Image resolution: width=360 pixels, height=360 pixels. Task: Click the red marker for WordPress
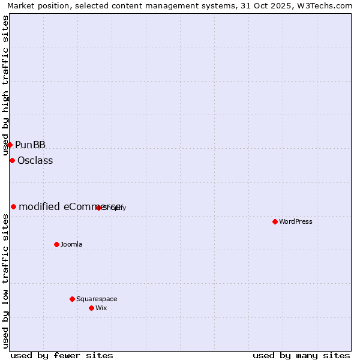point(275,221)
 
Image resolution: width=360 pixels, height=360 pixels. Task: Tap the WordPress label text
point(296,221)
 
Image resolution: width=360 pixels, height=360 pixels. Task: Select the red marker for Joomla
point(57,244)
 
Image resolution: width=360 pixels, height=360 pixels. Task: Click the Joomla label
point(71,244)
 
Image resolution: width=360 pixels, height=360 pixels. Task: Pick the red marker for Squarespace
point(72,299)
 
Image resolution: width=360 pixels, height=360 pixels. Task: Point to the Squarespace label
point(97,299)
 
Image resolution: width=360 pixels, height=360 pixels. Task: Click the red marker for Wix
point(91,308)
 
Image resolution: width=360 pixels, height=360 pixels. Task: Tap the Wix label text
point(101,308)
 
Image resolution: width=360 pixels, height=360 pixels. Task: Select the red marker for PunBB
point(10,145)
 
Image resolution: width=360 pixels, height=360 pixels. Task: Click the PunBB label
point(30,145)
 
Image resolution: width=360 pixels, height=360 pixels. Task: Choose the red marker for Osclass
point(12,160)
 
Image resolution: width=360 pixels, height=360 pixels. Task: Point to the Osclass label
point(35,160)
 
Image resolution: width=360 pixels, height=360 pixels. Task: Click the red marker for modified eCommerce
point(13,206)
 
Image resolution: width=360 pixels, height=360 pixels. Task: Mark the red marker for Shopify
point(98,208)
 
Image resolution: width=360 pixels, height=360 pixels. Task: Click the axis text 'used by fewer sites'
point(62,355)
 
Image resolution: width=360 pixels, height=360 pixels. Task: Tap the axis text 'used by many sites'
point(301,355)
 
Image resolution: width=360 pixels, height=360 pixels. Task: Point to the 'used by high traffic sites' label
point(6,86)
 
